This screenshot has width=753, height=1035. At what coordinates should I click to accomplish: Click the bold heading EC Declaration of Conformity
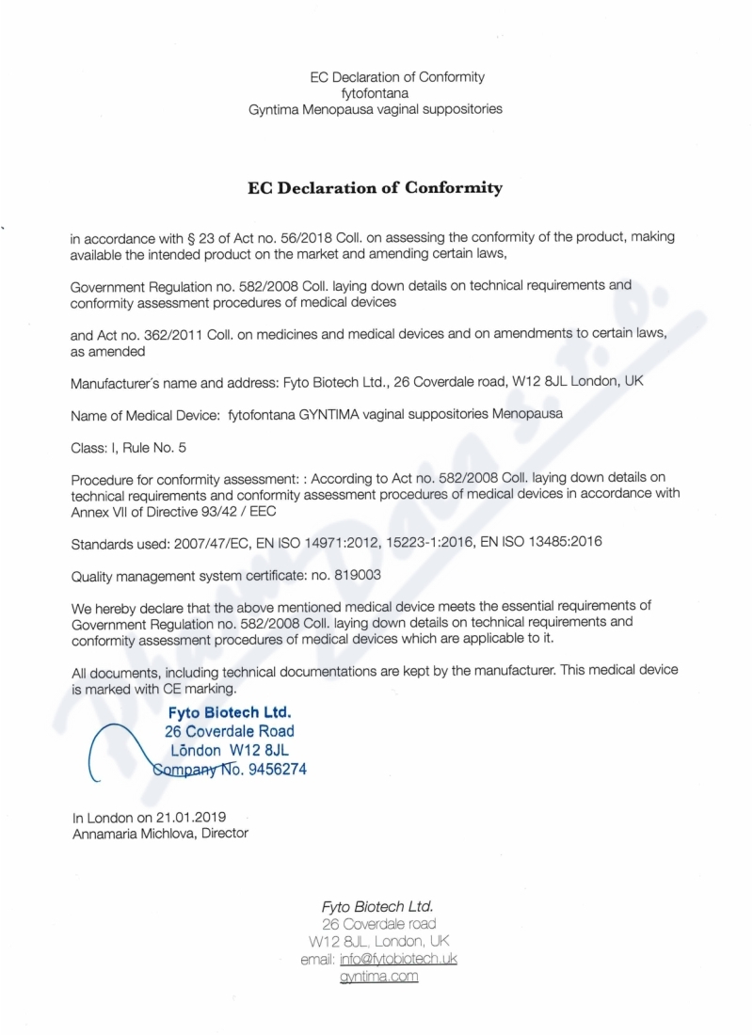(375, 187)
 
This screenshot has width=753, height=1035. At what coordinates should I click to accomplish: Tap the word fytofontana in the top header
(375, 93)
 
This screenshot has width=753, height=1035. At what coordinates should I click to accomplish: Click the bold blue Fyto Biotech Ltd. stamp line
(229, 712)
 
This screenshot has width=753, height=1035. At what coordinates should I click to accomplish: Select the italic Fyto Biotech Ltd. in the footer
(376, 907)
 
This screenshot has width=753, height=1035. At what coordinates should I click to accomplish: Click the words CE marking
(189, 688)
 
